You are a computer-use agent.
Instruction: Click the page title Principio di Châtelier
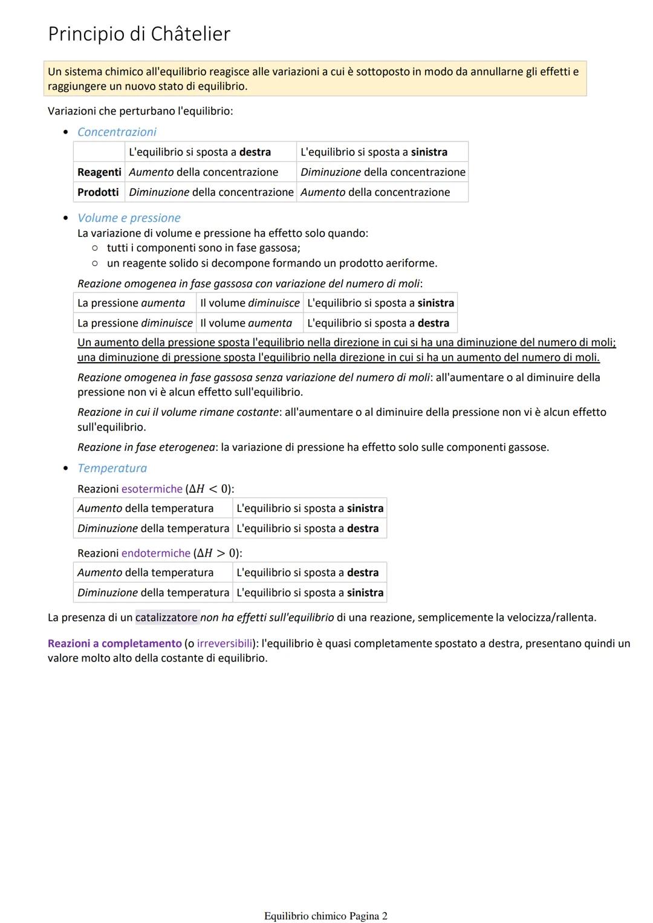tap(139, 34)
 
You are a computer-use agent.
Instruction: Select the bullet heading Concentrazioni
tap(117, 132)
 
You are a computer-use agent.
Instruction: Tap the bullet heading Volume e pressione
tap(129, 218)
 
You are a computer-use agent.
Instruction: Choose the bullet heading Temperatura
tap(112, 468)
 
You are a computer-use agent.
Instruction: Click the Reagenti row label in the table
tap(99, 172)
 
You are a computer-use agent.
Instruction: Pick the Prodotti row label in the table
tap(98, 192)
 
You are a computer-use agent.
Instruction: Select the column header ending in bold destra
tap(200, 152)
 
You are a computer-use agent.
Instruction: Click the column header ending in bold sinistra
tap(374, 152)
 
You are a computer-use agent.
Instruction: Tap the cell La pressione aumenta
tap(131, 303)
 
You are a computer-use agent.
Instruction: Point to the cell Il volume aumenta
tap(246, 323)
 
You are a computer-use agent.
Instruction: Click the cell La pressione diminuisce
tap(135, 323)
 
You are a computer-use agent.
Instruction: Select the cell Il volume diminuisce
tap(250, 303)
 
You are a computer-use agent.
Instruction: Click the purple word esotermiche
tap(152, 489)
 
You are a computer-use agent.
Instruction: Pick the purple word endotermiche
tap(156, 553)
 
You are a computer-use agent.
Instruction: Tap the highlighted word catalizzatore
tap(166, 618)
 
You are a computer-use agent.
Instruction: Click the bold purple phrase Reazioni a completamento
tap(115, 644)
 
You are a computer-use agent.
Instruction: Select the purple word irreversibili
tap(224, 644)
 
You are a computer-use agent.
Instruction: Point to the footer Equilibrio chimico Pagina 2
tap(325, 916)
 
